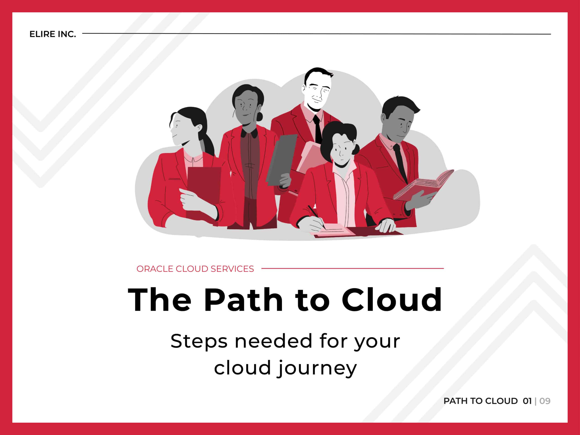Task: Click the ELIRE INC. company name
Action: coord(52,34)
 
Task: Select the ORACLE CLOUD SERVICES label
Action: coord(195,269)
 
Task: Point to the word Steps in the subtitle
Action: coord(198,341)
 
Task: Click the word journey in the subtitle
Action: coord(317,368)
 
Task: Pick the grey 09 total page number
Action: coord(545,401)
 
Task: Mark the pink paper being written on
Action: coord(330,230)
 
